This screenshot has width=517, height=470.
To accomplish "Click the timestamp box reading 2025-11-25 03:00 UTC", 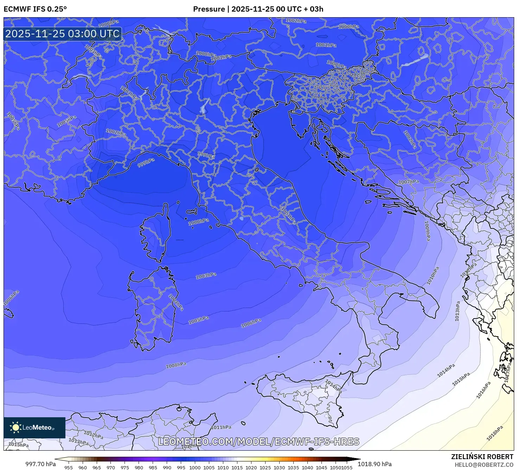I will pos(63,34).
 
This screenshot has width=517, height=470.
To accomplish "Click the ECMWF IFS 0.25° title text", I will pos(35,9).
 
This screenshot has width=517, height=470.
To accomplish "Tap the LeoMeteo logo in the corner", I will pos(34,427).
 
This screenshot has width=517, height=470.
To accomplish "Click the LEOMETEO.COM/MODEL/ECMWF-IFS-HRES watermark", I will pos(258,442).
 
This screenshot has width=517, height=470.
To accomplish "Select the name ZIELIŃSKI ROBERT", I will pos(482,457).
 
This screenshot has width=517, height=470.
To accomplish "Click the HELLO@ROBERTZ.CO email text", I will pos(484,465).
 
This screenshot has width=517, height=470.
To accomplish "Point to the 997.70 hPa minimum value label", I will pos(40,464).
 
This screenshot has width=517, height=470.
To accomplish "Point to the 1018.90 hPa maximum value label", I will pos(375,464).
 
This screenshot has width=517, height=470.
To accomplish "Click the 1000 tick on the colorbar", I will pos(195,468).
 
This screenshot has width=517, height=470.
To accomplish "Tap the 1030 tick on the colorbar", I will pos(279,468).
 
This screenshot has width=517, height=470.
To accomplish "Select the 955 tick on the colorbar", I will pos(69,468).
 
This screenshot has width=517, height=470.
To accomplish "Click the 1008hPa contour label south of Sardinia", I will pos(176,365).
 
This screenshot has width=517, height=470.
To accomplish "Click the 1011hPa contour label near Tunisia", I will pos(221,427).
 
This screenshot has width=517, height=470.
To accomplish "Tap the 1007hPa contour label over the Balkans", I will pos(409,182).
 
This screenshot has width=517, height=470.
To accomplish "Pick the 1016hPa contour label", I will pos(483,390).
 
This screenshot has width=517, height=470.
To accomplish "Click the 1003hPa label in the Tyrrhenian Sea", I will pos(206,276).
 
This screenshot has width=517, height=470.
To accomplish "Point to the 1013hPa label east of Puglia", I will pos(457,311).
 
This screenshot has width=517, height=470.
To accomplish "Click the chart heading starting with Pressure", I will pos(258,9).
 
